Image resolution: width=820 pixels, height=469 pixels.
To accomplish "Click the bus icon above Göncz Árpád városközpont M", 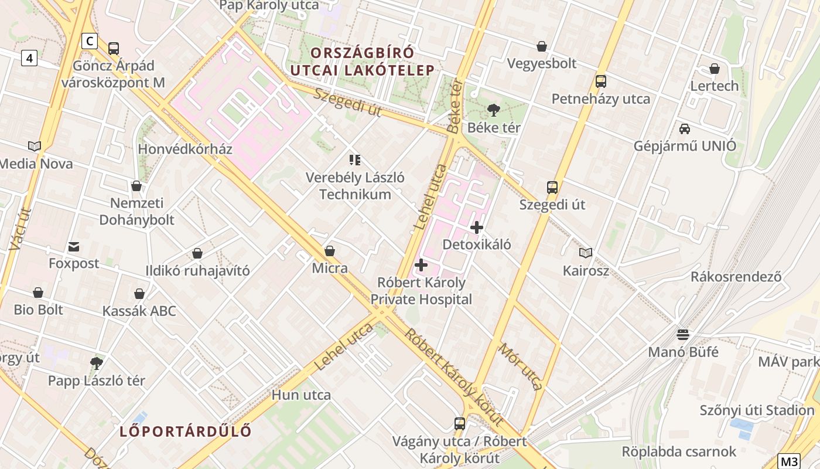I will (x=114, y=48).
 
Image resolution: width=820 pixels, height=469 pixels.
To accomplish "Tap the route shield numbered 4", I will (x=29, y=58).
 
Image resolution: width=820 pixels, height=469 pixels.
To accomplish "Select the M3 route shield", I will (x=788, y=461).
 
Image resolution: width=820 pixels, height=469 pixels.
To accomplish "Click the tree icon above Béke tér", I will (x=494, y=110).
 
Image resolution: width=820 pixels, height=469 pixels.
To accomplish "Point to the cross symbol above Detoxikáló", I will (x=477, y=227).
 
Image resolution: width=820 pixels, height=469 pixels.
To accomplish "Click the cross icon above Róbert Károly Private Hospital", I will (x=421, y=265).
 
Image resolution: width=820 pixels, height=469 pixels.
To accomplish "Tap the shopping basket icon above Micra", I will (x=330, y=251).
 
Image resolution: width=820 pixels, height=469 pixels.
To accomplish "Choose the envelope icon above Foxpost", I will (x=74, y=246).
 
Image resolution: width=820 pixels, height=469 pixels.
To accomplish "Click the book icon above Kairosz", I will (x=586, y=253).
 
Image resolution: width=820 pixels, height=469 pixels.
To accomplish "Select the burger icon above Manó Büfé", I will (x=683, y=335).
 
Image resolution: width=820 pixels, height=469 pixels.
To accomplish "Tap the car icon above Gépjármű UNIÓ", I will (x=685, y=128).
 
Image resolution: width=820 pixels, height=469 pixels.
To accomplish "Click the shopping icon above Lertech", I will (x=714, y=69).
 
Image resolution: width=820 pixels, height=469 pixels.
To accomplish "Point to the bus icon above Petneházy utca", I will (x=601, y=81).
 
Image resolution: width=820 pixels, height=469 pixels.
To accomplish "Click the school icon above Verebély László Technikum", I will (x=354, y=159).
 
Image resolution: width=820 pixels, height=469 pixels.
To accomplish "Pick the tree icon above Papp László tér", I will (x=97, y=363).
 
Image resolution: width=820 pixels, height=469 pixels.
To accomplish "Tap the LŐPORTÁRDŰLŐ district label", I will (x=186, y=431).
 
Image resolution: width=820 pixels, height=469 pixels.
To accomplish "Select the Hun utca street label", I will (x=301, y=395).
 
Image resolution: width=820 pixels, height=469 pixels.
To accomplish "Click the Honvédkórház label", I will (x=185, y=149).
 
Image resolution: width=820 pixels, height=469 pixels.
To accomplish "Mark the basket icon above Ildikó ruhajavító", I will (x=197, y=253).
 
